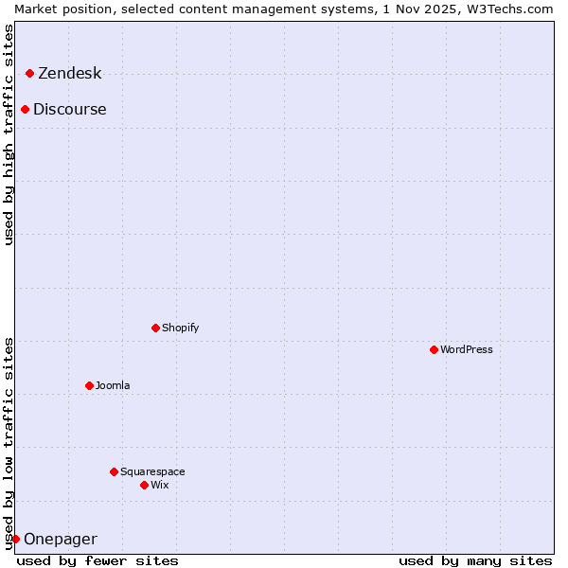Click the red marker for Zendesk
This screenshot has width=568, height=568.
pyautogui.click(x=29, y=73)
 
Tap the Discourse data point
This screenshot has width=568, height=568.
pyautogui.click(x=25, y=109)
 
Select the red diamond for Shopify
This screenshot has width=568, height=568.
pyautogui.click(x=155, y=328)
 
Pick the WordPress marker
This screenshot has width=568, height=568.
pyautogui.click(x=434, y=349)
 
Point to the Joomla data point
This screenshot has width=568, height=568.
pyautogui.click(x=89, y=385)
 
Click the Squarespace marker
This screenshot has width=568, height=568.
pyautogui.click(x=114, y=471)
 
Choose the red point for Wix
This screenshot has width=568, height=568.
pyautogui.click(x=144, y=485)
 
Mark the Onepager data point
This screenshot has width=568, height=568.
pyautogui.click(x=15, y=539)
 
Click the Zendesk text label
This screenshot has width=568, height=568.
pyautogui.click(x=69, y=74)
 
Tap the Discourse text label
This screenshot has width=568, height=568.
pyautogui.click(x=69, y=110)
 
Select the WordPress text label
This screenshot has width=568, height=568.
pyautogui.click(x=466, y=350)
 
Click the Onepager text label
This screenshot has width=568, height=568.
pyautogui.click(x=60, y=540)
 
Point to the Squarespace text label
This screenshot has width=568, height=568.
pyautogui.click(x=152, y=472)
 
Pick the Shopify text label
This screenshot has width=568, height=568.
pyautogui.click(x=180, y=328)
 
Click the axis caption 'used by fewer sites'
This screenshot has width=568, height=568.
pyautogui.click(x=98, y=560)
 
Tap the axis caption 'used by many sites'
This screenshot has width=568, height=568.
pyautogui.click(x=475, y=560)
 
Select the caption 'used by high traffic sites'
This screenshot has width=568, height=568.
pyautogui.click(x=9, y=134)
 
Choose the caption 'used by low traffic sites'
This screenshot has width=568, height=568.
pyautogui.click(x=9, y=442)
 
